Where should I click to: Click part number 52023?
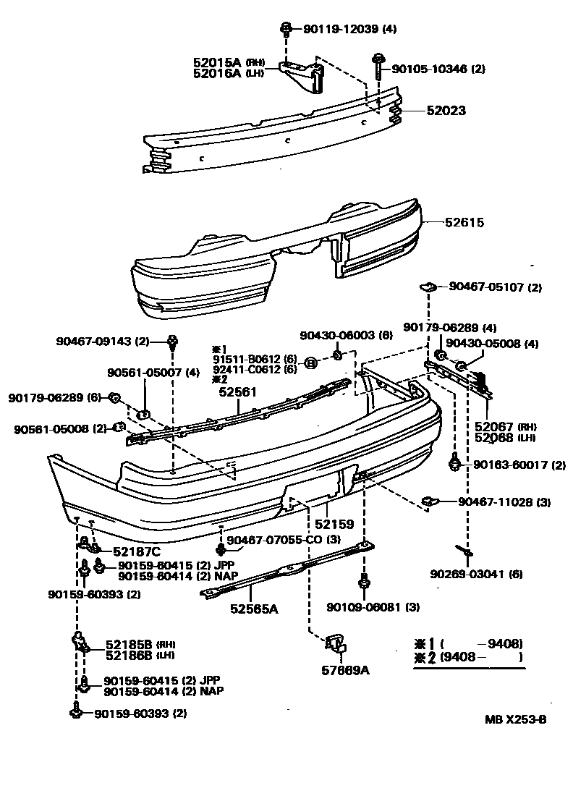tap(446, 111)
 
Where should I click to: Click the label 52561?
tap(238, 391)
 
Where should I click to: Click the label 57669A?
tap(345, 669)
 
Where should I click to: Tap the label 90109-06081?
tap(363, 606)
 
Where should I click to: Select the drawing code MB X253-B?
tap(515, 720)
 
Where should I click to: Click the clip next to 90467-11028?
tap(428, 501)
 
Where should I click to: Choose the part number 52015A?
tap(217, 62)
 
